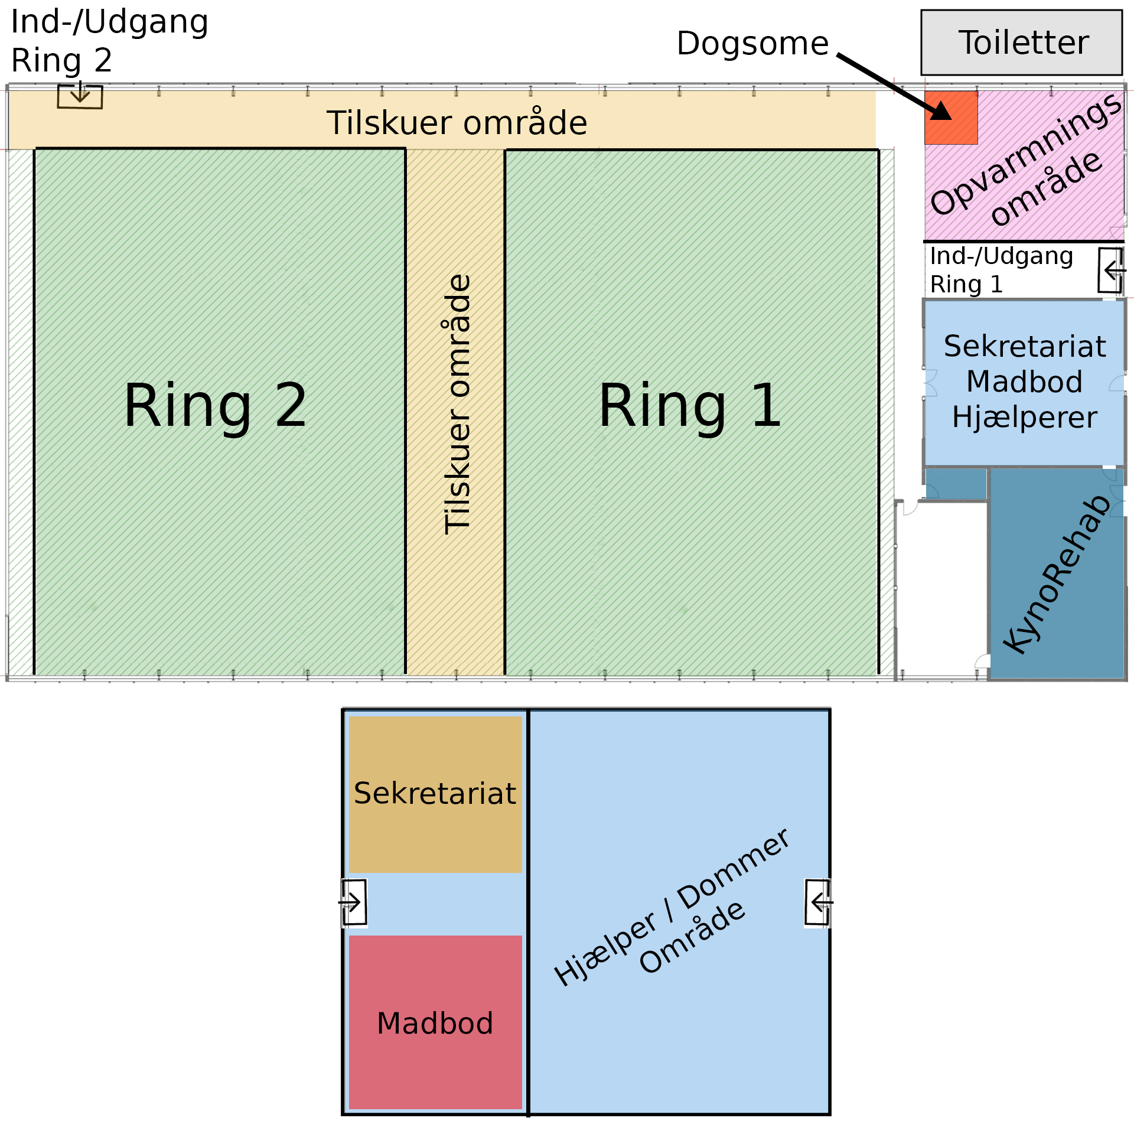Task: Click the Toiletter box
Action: click(x=1021, y=43)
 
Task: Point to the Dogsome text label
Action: click(x=752, y=44)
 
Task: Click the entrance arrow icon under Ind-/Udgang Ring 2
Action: click(x=80, y=96)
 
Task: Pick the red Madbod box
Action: click(x=435, y=1022)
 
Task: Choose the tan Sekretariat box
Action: click(x=435, y=793)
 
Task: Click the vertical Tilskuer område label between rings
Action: click(x=457, y=405)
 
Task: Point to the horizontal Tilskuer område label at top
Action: click(x=457, y=123)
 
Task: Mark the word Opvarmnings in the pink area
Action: click(x=1025, y=155)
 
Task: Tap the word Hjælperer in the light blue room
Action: click(x=1024, y=418)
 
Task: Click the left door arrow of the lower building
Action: click(x=354, y=902)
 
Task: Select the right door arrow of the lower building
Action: click(x=819, y=902)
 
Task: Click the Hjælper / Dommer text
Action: click(x=671, y=907)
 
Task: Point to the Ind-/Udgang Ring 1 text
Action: click(x=1001, y=270)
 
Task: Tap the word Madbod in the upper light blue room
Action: click(x=1024, y=382)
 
